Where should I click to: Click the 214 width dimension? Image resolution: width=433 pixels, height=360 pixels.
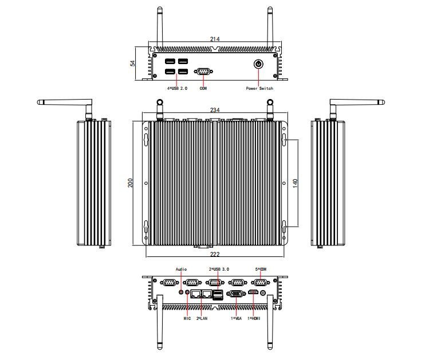[215, 39]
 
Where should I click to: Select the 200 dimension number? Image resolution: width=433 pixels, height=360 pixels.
[131, 183]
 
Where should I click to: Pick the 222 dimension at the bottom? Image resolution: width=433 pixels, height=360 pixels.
[215, 253]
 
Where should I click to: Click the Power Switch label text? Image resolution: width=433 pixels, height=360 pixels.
[259, 89]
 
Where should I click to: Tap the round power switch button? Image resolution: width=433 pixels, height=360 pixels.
[259, 65]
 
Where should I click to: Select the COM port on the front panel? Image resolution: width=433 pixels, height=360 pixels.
[203, 72]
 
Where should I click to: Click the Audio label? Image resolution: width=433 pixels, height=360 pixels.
[181, 268]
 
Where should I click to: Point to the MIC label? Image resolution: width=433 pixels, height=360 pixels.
[187, 318]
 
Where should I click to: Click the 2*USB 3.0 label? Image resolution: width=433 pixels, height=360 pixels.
[218, 268]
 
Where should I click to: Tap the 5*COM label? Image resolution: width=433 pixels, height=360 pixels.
[260, 268]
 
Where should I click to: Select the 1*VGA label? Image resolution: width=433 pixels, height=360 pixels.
[236, 318]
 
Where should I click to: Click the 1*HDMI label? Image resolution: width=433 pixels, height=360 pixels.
[254, 318]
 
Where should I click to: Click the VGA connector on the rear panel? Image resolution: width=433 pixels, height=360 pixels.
[235, 295]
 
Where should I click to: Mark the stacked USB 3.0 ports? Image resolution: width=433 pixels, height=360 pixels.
[218, 295]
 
